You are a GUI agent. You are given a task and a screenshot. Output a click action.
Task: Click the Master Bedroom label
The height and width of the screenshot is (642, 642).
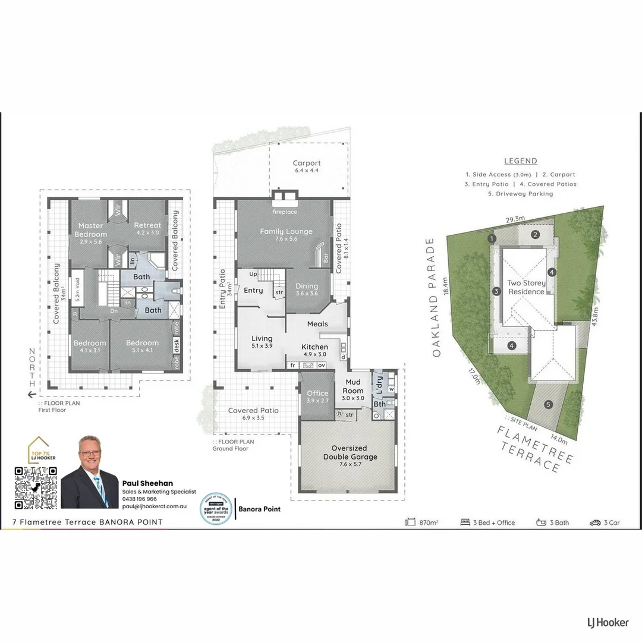pos(91,229)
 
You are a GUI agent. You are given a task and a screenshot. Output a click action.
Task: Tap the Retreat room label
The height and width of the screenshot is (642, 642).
pos(147,225)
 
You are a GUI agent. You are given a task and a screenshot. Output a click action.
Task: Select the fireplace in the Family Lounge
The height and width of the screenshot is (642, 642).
pos(285,197)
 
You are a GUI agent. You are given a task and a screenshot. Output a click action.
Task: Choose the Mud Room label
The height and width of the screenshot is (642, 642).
pos(353,391)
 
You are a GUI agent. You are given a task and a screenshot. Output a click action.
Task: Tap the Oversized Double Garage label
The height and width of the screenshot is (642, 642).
pos(350,452)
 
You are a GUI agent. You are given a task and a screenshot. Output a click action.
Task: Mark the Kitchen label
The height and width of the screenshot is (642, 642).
pos(314,347)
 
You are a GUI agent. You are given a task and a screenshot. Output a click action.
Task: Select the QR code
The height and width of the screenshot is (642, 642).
pos(36,488)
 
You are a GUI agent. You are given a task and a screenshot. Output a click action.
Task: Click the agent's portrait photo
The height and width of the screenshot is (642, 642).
pos(90,473)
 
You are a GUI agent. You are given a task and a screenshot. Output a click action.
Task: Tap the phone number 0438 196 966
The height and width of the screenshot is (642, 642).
pos(139,499)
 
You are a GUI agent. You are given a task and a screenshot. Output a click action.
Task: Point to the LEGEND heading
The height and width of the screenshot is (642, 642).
pos(520,161)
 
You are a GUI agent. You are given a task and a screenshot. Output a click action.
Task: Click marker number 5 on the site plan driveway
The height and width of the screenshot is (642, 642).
pos(548,404)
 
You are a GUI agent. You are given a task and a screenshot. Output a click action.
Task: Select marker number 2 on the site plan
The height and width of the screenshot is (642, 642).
pos(535,234)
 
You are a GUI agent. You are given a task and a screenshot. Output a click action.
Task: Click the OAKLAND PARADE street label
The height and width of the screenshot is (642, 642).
pos(437,297)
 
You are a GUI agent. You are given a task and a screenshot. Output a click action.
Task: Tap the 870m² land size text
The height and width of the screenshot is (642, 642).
pos(428,523)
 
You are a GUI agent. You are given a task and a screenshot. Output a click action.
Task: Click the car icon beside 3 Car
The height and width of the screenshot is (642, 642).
pos(595,523)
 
